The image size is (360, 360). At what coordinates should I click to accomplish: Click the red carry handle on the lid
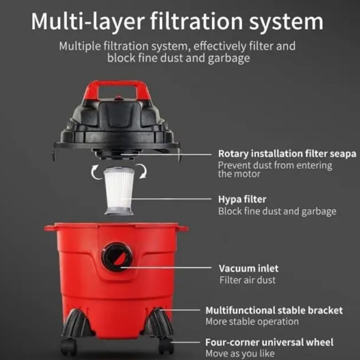click(x=117, y=84)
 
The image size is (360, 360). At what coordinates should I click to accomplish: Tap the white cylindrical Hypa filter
click(x=119, y=191)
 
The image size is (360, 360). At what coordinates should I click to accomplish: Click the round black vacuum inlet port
click(x=117, y=257)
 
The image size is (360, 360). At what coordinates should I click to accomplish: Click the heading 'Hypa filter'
click(x=242, y=200)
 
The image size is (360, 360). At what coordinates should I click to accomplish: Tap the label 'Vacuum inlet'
click(x=248, y=268)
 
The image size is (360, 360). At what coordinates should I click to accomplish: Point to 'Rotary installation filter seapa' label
click(x=287, y=154)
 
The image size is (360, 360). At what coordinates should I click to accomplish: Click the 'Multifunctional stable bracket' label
click(x=274, y=310)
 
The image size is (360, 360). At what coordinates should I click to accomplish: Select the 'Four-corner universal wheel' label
click(x=269, y=342)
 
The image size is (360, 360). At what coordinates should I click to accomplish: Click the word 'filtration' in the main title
click(x=196, y=22)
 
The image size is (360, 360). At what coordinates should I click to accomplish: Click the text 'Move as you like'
click(x=240, y=353)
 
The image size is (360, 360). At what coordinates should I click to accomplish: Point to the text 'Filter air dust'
click(x=247, y=280)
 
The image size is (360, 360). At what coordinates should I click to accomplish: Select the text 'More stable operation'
click(x=252, y=321)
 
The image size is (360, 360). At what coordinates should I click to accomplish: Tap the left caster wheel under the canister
click(x=68, y=347)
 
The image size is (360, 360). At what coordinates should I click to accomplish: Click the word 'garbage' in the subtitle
click(x=229, y=58)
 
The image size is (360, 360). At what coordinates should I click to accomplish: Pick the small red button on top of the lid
click(x=119, y=98)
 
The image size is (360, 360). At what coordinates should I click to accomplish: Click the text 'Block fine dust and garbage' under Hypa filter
click(x=277, y=211)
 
